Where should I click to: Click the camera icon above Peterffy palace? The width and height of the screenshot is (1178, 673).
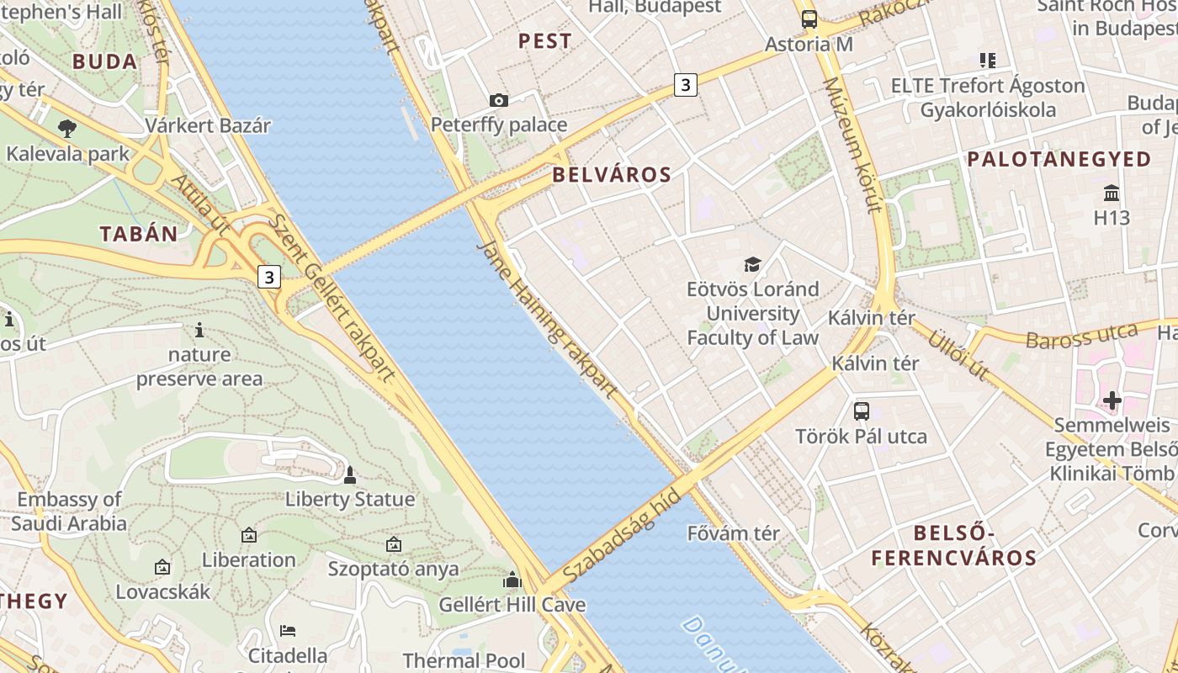click(499, 101)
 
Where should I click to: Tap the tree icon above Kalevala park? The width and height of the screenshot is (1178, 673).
click(67, 129)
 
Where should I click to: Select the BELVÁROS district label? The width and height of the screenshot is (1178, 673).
click(612, 175)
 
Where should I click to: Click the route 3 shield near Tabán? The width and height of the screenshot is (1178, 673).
click(268, 277)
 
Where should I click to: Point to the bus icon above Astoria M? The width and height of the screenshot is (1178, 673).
click(809, 19)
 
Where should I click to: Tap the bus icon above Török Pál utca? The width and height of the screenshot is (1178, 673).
click(861, 411)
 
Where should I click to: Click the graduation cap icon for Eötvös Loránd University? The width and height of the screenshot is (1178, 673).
click(752, 264)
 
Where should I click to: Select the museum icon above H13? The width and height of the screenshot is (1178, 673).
click(1112, 193)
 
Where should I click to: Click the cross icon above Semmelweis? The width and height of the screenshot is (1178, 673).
click(1112, 400)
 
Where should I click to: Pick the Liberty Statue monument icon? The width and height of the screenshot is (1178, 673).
click(350, 475)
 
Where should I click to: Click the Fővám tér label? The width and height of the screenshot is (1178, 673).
click(733, 533)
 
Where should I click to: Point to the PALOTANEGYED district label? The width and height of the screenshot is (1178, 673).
click(1059, 159)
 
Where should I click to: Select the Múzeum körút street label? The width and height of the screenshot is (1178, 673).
click(852, 145)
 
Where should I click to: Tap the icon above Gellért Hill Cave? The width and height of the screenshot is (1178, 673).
click(512, 580)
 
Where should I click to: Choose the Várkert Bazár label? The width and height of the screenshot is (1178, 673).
click(208, 126)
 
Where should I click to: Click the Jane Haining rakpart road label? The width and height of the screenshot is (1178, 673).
click(547, 320)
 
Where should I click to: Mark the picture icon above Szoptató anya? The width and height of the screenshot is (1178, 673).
click(393, 544)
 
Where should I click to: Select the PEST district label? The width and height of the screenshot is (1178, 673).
click(544, 40)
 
